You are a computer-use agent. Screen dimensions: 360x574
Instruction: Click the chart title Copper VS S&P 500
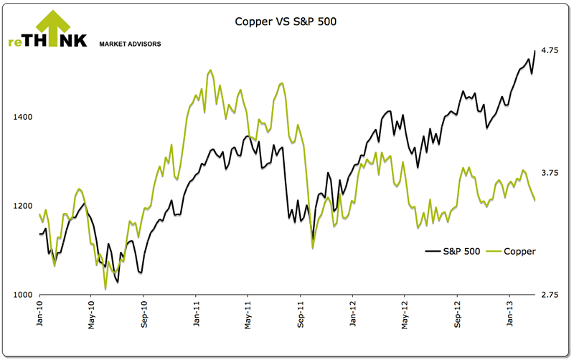[x=286, y=21]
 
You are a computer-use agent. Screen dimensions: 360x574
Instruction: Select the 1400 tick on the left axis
[x=24, y=117]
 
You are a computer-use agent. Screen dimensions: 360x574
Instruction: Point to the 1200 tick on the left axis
[x=24, y=206]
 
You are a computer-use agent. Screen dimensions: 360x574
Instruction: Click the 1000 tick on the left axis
[x=24, y=295]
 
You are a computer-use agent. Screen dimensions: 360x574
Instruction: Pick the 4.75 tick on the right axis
[x=550, y=50]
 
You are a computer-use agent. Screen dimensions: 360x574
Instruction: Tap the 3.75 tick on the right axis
[x=550, y=173]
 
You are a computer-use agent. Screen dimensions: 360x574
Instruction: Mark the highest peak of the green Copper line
[x=210, y=70]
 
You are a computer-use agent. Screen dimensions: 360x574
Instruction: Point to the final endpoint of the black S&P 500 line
[x=535, y=50]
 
